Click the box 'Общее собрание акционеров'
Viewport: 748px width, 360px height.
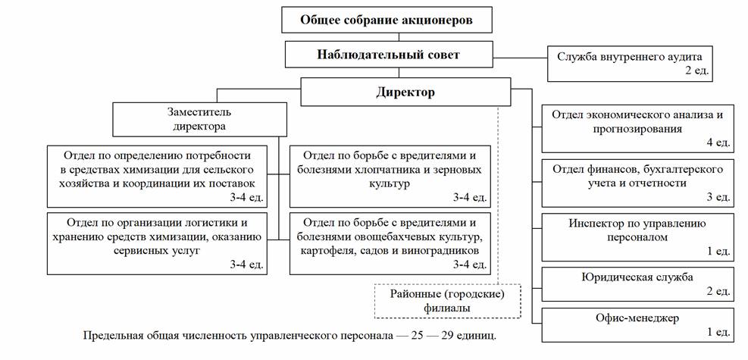click(387, 20)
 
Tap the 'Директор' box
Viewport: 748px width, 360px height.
click(405, 92)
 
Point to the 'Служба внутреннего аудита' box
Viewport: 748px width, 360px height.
click(631, 63)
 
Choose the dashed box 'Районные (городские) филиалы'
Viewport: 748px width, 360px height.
click(448, 301)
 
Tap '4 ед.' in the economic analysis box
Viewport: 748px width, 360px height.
click(717, 142)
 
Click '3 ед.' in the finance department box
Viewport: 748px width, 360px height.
click(717, 197)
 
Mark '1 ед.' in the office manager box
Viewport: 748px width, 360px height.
click(717, 331)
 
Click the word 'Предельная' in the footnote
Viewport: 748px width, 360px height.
click(111, 334)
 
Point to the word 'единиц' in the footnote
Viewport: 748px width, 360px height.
click(477, 334)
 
